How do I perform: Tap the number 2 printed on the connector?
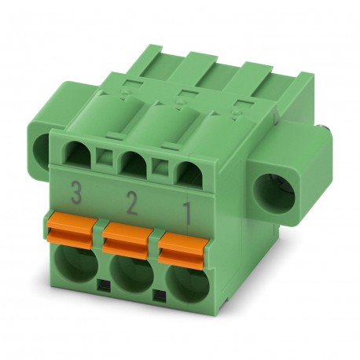tap(131, 205)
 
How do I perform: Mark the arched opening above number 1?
tap(185, 171)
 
